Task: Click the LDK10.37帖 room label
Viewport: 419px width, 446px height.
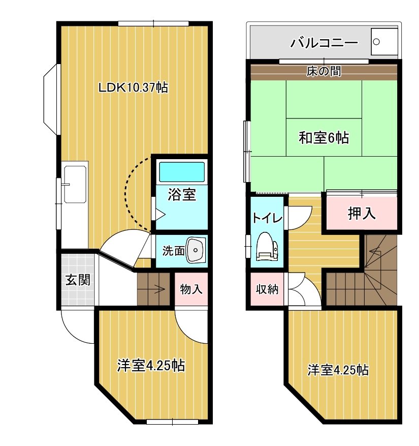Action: (x=133, y=87)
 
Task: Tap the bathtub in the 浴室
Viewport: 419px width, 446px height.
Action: (x=182, y=172)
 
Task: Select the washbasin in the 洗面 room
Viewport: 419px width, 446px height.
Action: (x=196, y=250)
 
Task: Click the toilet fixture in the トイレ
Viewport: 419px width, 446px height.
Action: (x=267, y=246)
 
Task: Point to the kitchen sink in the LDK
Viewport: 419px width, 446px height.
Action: (x=75, y=184)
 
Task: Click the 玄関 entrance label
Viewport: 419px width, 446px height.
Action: (x=78, y=280)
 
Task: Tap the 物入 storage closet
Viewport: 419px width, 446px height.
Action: (x=191, y=289)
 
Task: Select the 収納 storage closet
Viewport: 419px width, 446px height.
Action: (x=267, y=289)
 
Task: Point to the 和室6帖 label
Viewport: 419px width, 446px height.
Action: (x=324, y=138)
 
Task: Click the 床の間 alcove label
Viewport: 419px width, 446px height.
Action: (x=324, y=71)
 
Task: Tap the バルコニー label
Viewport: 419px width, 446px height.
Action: (x=324, y=43)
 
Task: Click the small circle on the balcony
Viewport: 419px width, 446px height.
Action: (x=376, y=42)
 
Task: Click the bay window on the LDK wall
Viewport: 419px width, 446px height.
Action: (x=51, y=99)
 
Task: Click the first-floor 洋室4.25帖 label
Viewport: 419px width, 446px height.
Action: (x=151, y=366)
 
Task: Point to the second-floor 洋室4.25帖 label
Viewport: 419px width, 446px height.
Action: (x=338, y=370)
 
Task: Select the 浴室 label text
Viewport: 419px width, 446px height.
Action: (x=182, y=195)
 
